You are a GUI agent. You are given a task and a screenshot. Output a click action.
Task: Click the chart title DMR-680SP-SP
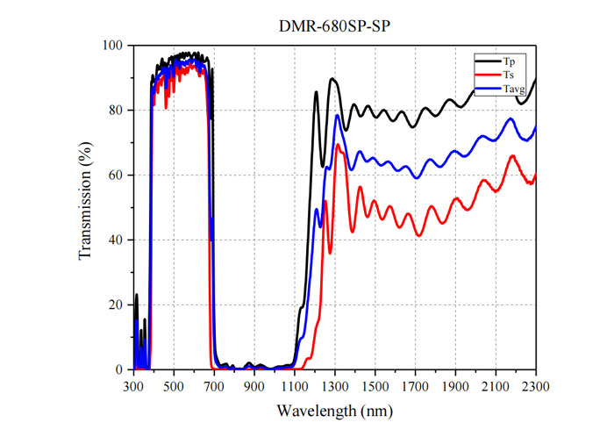(x=334, y=26)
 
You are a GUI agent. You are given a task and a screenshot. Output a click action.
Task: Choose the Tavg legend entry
(x=500, y=89)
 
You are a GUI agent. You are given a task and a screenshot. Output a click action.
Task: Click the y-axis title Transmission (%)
(x=85, y=200)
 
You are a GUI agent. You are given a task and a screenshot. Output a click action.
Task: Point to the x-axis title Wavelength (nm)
(x=335, y=412)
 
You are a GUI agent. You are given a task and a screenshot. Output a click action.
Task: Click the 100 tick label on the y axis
(x=112, y=46)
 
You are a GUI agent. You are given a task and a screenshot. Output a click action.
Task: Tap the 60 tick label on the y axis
(x=116, y=175)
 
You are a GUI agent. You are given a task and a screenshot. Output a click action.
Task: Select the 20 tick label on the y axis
(x=116, y=304)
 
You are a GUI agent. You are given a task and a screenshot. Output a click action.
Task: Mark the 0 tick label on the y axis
(x=119, y=369)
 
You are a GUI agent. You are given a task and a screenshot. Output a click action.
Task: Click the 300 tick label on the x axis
(x=134, y=387)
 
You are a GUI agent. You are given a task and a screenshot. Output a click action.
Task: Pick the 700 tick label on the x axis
(x=214, y=387)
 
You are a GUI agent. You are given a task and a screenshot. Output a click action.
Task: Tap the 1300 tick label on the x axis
(x=335, y=387)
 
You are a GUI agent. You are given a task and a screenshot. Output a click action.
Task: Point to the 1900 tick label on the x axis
(x=455, y=387)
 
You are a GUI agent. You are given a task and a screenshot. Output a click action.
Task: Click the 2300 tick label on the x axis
(x=536, y=387)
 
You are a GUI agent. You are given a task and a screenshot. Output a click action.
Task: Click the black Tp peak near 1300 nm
(x=332, y=79)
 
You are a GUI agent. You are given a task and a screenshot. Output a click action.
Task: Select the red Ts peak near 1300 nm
(x=337, y=145)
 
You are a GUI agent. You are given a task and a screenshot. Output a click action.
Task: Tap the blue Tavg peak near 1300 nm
(x=337, y=115)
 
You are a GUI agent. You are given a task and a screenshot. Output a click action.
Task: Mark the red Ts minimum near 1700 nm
(x=419, y=235)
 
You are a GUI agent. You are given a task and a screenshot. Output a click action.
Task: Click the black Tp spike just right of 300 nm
(x=137, y=294)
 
